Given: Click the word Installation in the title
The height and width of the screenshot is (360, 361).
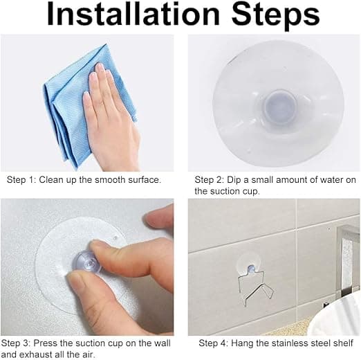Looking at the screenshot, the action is pos(133,15).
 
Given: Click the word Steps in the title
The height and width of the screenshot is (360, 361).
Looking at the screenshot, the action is pos(275,16).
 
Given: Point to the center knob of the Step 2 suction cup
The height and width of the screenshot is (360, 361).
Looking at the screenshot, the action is pos(279,107).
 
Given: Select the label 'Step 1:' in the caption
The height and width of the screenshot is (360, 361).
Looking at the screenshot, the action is pos(21,180).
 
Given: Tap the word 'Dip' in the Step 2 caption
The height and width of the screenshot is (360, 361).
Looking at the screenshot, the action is pos(233,180).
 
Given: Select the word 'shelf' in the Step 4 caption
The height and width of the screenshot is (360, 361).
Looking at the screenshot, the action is pos(343,343).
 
